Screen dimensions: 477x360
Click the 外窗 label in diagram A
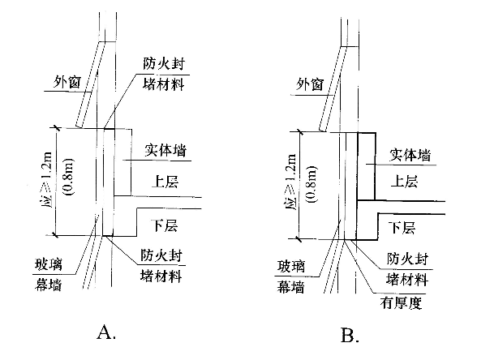(x=67, y=82)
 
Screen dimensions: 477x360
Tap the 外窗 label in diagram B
(x=310, y=84)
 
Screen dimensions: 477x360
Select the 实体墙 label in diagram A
(x=165, y=151)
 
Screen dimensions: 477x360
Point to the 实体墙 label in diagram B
(x=410, y=156)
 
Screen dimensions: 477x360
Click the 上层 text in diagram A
(x=165, y=182)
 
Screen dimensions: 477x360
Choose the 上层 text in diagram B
(x=405, y=182)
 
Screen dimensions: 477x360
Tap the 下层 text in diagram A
(x=165, y=225)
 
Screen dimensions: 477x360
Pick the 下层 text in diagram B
(x=402, y=227)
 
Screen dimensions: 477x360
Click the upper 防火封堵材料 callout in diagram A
(x=164, y=74)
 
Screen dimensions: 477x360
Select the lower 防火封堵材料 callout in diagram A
(x=161, y=265)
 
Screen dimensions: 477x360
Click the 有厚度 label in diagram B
(x=402, y=303)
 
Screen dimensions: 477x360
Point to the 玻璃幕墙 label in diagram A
(x=49, y=274)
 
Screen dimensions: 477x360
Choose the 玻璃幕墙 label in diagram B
(x=291, y=276)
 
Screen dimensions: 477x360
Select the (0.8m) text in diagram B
(x=312, y=183)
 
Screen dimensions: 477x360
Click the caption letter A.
(x=106, y=332)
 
